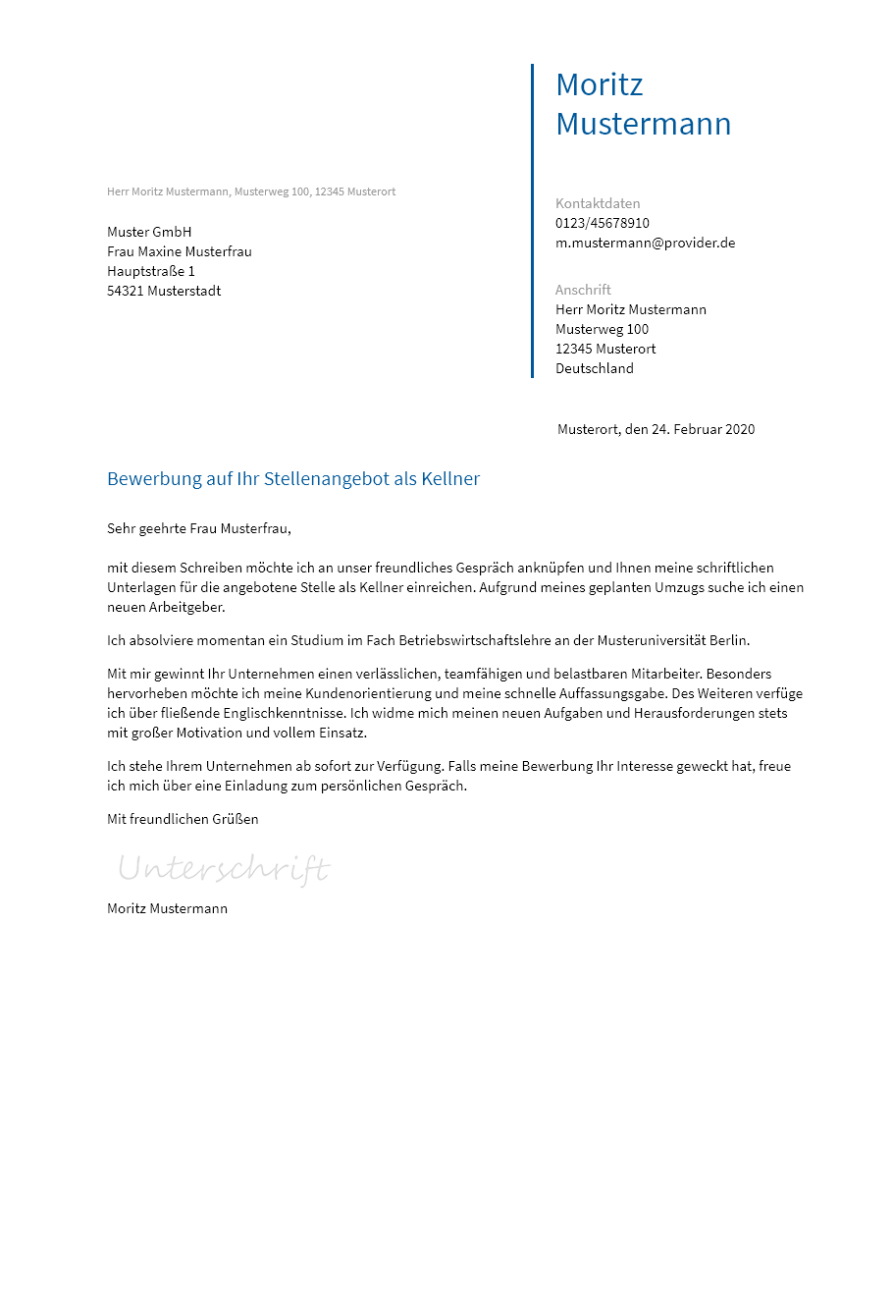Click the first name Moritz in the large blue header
[x=599, y=84]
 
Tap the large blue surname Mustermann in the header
[x=643, y=124]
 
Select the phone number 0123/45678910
[x=602, y=223]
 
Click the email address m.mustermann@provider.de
[x=645, y=243]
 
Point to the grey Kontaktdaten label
[x=597, y=203]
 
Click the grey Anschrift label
[x=583, y=290]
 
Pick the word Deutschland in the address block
[x=594, y=368]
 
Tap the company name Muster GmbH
[x=149, y=232]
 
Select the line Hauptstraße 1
[x=151, y=271]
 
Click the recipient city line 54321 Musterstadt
[x=164, y=291]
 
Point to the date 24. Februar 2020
[x=703, y=429]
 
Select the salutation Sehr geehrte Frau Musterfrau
[x=198, y=528]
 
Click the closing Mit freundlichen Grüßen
[x=183, y=819]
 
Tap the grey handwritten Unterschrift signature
[x=224, y=869]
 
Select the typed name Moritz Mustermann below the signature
[x=167, y=908]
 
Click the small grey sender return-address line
[x=251, y=191]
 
